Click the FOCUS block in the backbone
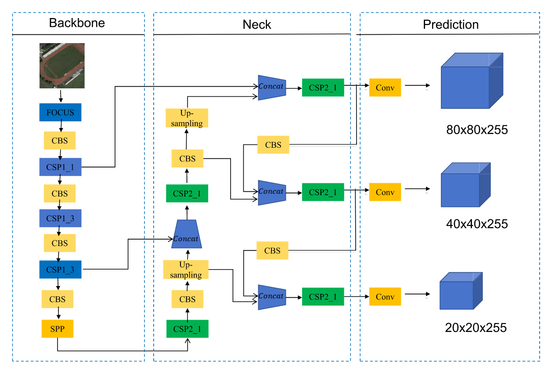point(60,113)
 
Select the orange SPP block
point(57,328)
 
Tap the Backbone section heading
point(77,23)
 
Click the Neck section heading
point(257,25)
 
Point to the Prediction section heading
point(451,25)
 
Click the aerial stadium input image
point(62,66)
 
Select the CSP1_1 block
point(60,167)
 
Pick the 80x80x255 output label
point(476,130)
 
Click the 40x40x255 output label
point(476,224)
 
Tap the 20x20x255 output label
point(476,328)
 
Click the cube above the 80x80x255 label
point(471,81)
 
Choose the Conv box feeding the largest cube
point(385,87)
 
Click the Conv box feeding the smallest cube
point(385,297)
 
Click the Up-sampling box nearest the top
point(187,118)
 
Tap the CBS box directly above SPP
point(57,299)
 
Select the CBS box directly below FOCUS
point(60,141)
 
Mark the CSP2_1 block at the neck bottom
point(187,328)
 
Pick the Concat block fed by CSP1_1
point(271,87)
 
